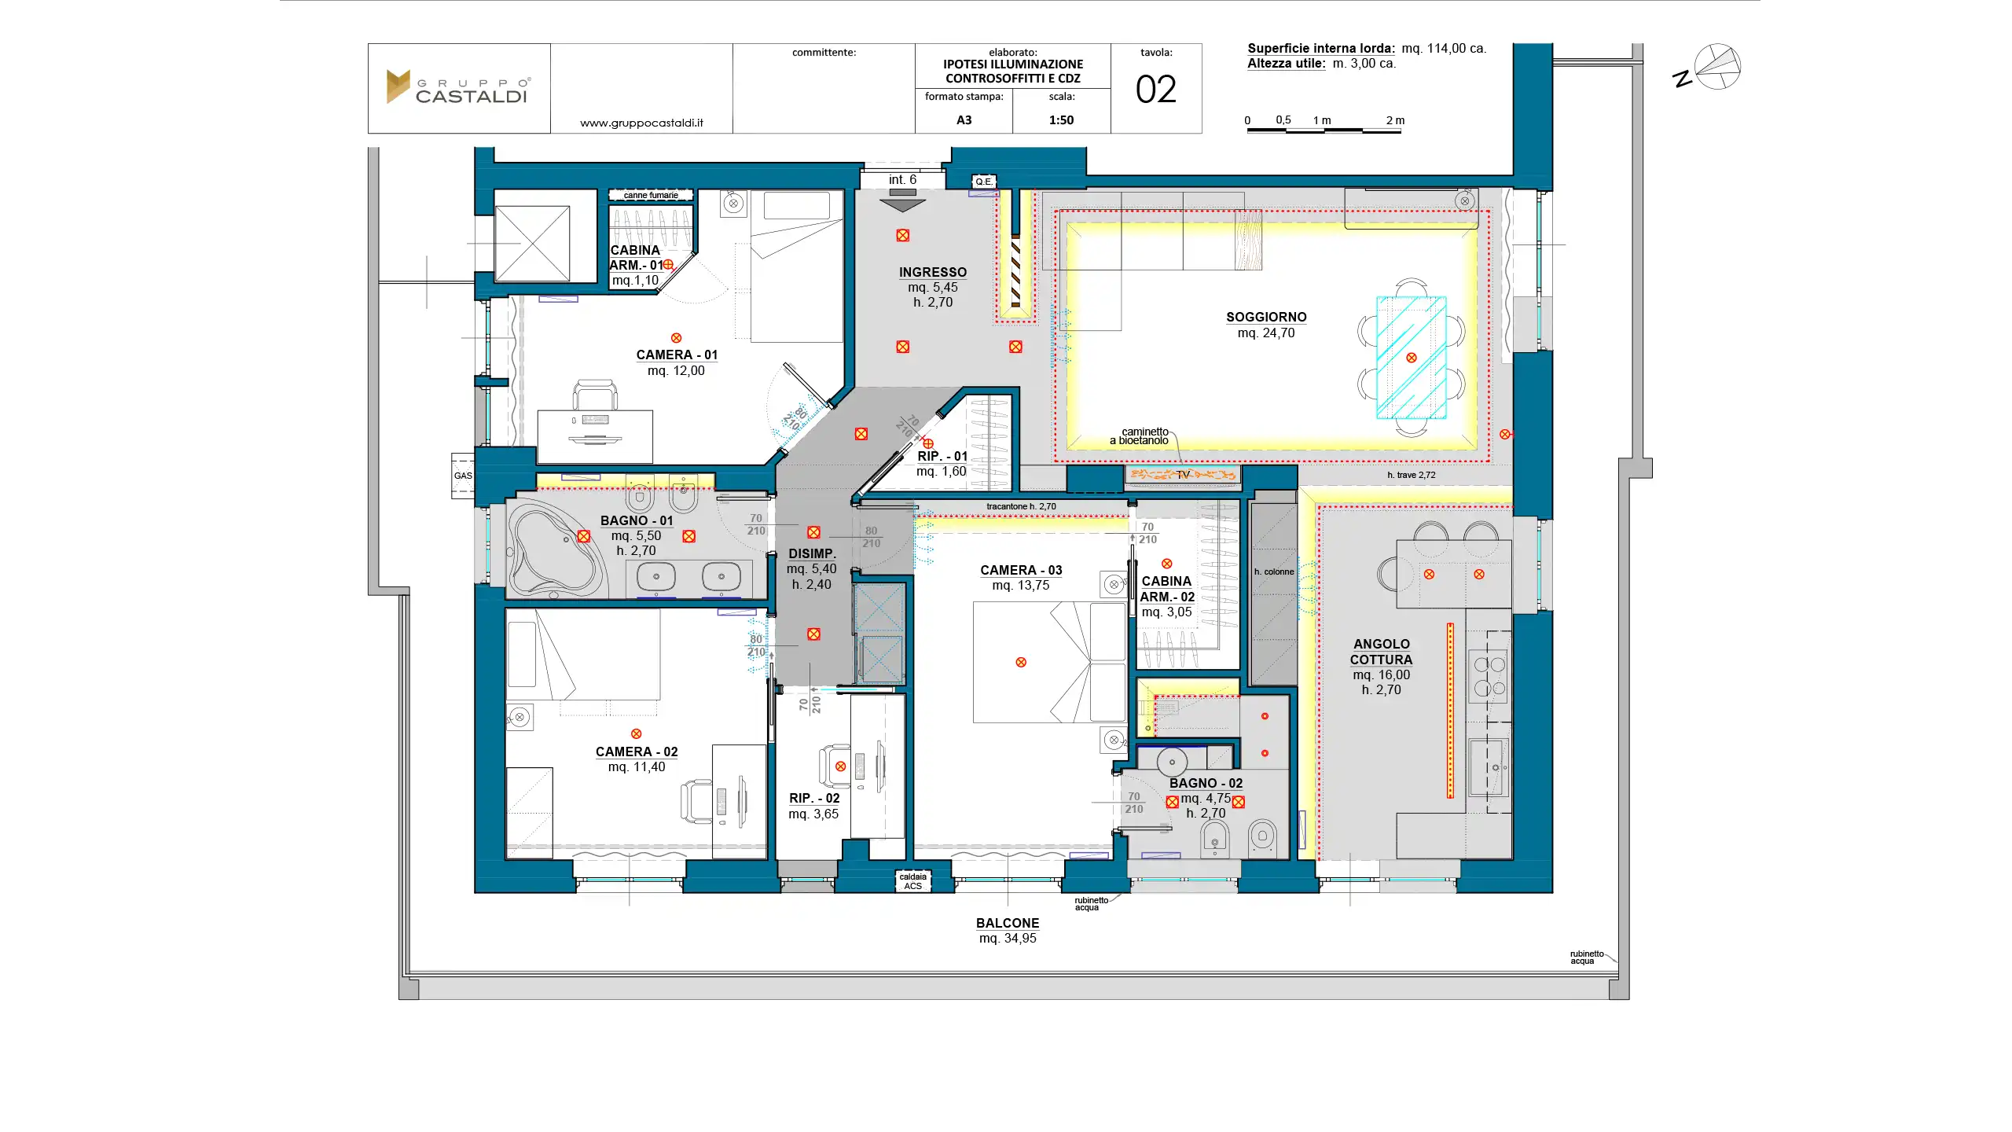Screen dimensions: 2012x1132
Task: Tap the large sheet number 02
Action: point(1155,90)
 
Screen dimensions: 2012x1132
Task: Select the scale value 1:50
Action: point(1061,120)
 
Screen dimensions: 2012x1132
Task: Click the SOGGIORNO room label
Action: point(1266,317)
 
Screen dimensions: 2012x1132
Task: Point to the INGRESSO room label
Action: point(933,272)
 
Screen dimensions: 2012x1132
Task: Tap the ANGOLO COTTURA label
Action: point(1381,652)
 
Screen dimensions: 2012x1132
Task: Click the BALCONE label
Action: point(1008,923)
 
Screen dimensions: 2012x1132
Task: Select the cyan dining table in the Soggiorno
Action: point(1411,358)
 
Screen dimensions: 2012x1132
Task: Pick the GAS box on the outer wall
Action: point(463,476)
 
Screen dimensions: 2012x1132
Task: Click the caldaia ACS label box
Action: point(912,881)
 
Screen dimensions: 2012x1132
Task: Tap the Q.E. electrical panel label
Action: point(984,182)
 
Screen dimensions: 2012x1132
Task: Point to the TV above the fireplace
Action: point(1183,474)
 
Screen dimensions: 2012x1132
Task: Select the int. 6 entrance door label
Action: point(902,180)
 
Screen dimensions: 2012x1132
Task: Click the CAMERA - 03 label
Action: point(1021,570)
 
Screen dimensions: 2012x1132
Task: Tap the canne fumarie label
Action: point(651,195)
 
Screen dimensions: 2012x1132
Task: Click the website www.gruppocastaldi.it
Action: point(641,123)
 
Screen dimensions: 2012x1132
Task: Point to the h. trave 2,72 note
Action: point(1412,475)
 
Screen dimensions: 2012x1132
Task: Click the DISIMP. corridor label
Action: point(812,553)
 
